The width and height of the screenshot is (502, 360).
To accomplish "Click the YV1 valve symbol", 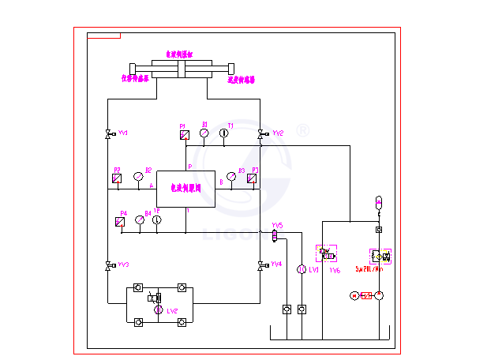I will click(108, 134).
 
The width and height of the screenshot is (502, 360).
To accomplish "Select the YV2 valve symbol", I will click(260, 134).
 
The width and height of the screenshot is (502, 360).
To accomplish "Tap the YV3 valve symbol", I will click(108, 265).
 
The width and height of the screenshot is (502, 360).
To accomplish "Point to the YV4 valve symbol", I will click(260, 265).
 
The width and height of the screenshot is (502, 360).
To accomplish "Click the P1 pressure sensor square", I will click(184, 135).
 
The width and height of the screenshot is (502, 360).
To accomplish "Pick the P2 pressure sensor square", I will click(117, 178).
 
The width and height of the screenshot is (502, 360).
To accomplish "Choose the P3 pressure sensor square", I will click(252, 178).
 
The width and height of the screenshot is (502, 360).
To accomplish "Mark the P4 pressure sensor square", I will click(121, 222).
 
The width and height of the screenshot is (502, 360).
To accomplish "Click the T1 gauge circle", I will click(224, 133).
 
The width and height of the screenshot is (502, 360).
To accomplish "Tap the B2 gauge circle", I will click(139, 176).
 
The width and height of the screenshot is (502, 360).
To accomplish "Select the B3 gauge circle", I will click(231, 176).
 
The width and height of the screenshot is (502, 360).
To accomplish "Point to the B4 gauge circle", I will click(140, 220).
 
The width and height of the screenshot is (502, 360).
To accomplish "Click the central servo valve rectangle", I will click(185, 189).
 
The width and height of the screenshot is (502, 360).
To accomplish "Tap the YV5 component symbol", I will click(275, 234).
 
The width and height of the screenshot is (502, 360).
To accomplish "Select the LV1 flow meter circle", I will click(301, 270).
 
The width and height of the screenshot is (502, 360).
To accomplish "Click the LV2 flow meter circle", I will click(158, 310).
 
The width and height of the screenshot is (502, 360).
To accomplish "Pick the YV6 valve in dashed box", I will click(327, 255).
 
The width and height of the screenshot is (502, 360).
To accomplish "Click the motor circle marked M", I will click(354, 295).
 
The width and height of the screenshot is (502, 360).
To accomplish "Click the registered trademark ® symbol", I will click(302, 131).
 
